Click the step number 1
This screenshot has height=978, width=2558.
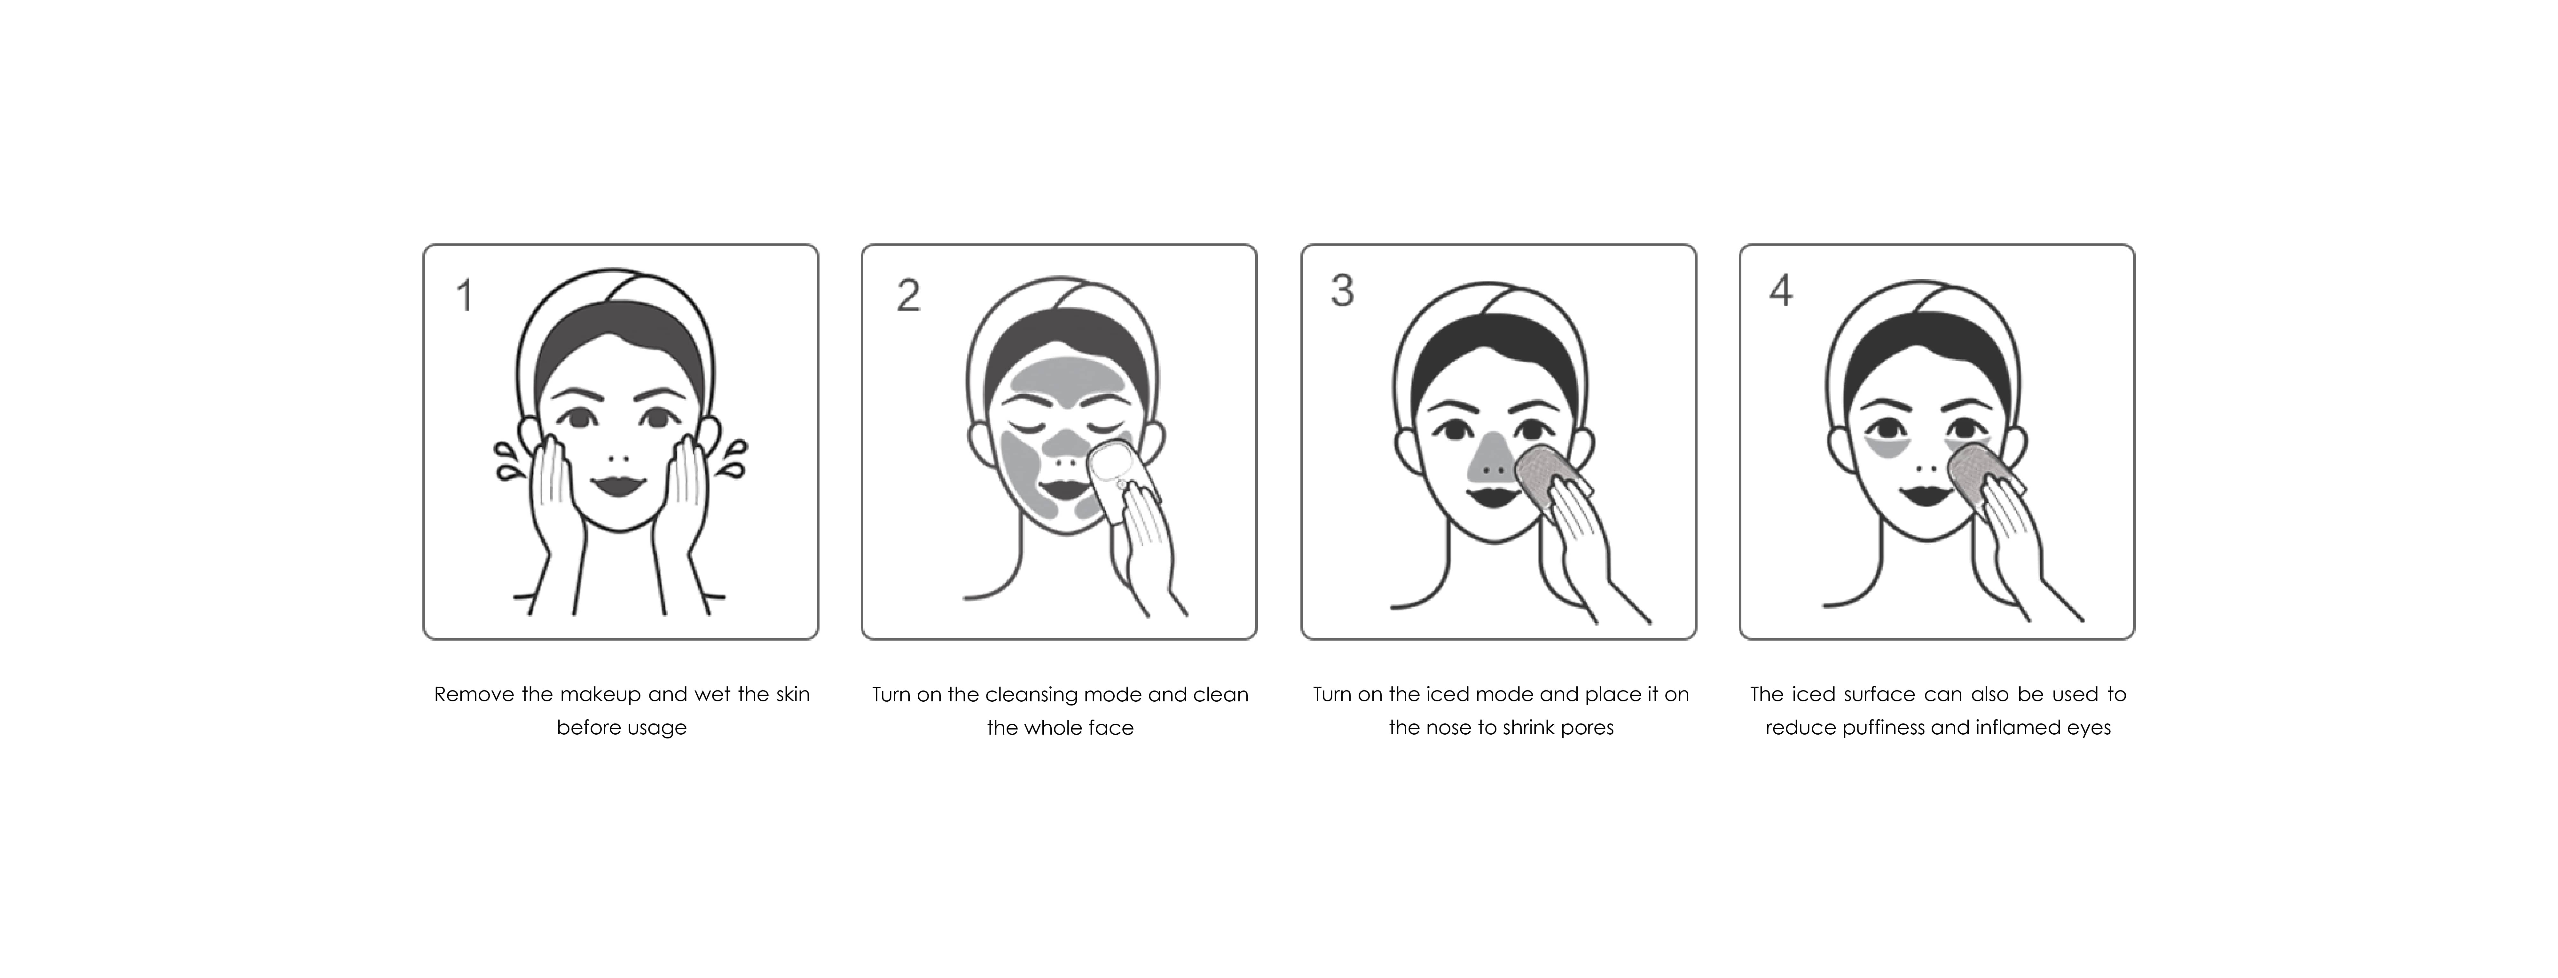[x=464, y=296]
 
